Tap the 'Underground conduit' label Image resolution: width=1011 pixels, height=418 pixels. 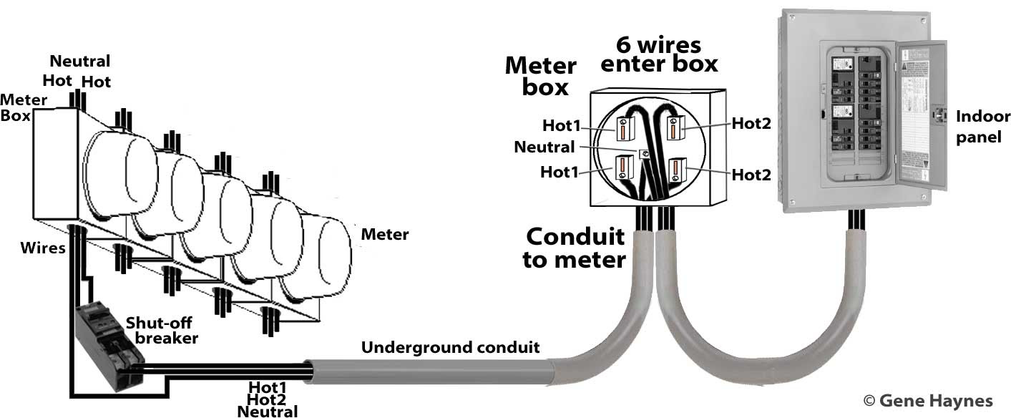[x=450, y=347]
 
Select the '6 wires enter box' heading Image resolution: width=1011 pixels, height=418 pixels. [x=659, y=54]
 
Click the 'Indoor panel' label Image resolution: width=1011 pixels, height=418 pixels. [x=982, y=127]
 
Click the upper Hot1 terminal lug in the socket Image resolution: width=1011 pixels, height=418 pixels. [x=625, y=128]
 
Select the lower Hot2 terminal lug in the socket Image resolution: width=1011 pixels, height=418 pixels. [x=677, y=170]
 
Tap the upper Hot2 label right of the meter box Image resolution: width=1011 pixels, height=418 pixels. [x=751, y=123]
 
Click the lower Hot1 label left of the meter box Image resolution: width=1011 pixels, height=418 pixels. [x=560, y=172]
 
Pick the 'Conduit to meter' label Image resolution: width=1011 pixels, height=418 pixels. [x=575, y=248]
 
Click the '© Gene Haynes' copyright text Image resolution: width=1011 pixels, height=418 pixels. [x=928, y=400]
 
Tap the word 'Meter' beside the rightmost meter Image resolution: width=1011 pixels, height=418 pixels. [x=384, y=234]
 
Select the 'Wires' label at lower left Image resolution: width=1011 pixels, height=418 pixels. [x=43, y=248]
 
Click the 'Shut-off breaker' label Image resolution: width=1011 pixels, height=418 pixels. [x=162, y=331]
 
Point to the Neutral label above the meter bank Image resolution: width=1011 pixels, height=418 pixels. [x=80, y=61]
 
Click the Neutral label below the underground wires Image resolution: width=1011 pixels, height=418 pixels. [x=267, y=412]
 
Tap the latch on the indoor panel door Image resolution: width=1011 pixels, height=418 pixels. [x=938, y=115]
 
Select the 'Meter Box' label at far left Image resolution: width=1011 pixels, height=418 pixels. [x=24, y=107]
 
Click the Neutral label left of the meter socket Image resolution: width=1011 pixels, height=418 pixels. [x=544, y=147]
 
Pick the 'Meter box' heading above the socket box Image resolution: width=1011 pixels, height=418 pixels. [x=541, y=77]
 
